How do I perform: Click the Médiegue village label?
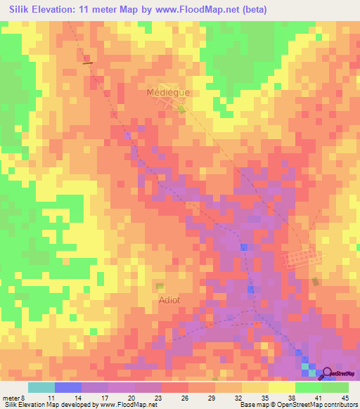coord(168,92)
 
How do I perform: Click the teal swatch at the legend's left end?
coord(41,387)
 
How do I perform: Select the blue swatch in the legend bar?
coord(68,387)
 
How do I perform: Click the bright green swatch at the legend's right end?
coord(335,387)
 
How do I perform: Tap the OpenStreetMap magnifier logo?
coord(326,372)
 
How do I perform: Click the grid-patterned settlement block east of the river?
coord(302,259)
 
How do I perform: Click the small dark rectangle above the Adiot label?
coord(160,286)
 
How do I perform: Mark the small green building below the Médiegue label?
coord(181,109)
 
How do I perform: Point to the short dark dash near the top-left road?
coord(88,63)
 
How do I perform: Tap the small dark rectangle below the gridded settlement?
coord(315,282)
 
